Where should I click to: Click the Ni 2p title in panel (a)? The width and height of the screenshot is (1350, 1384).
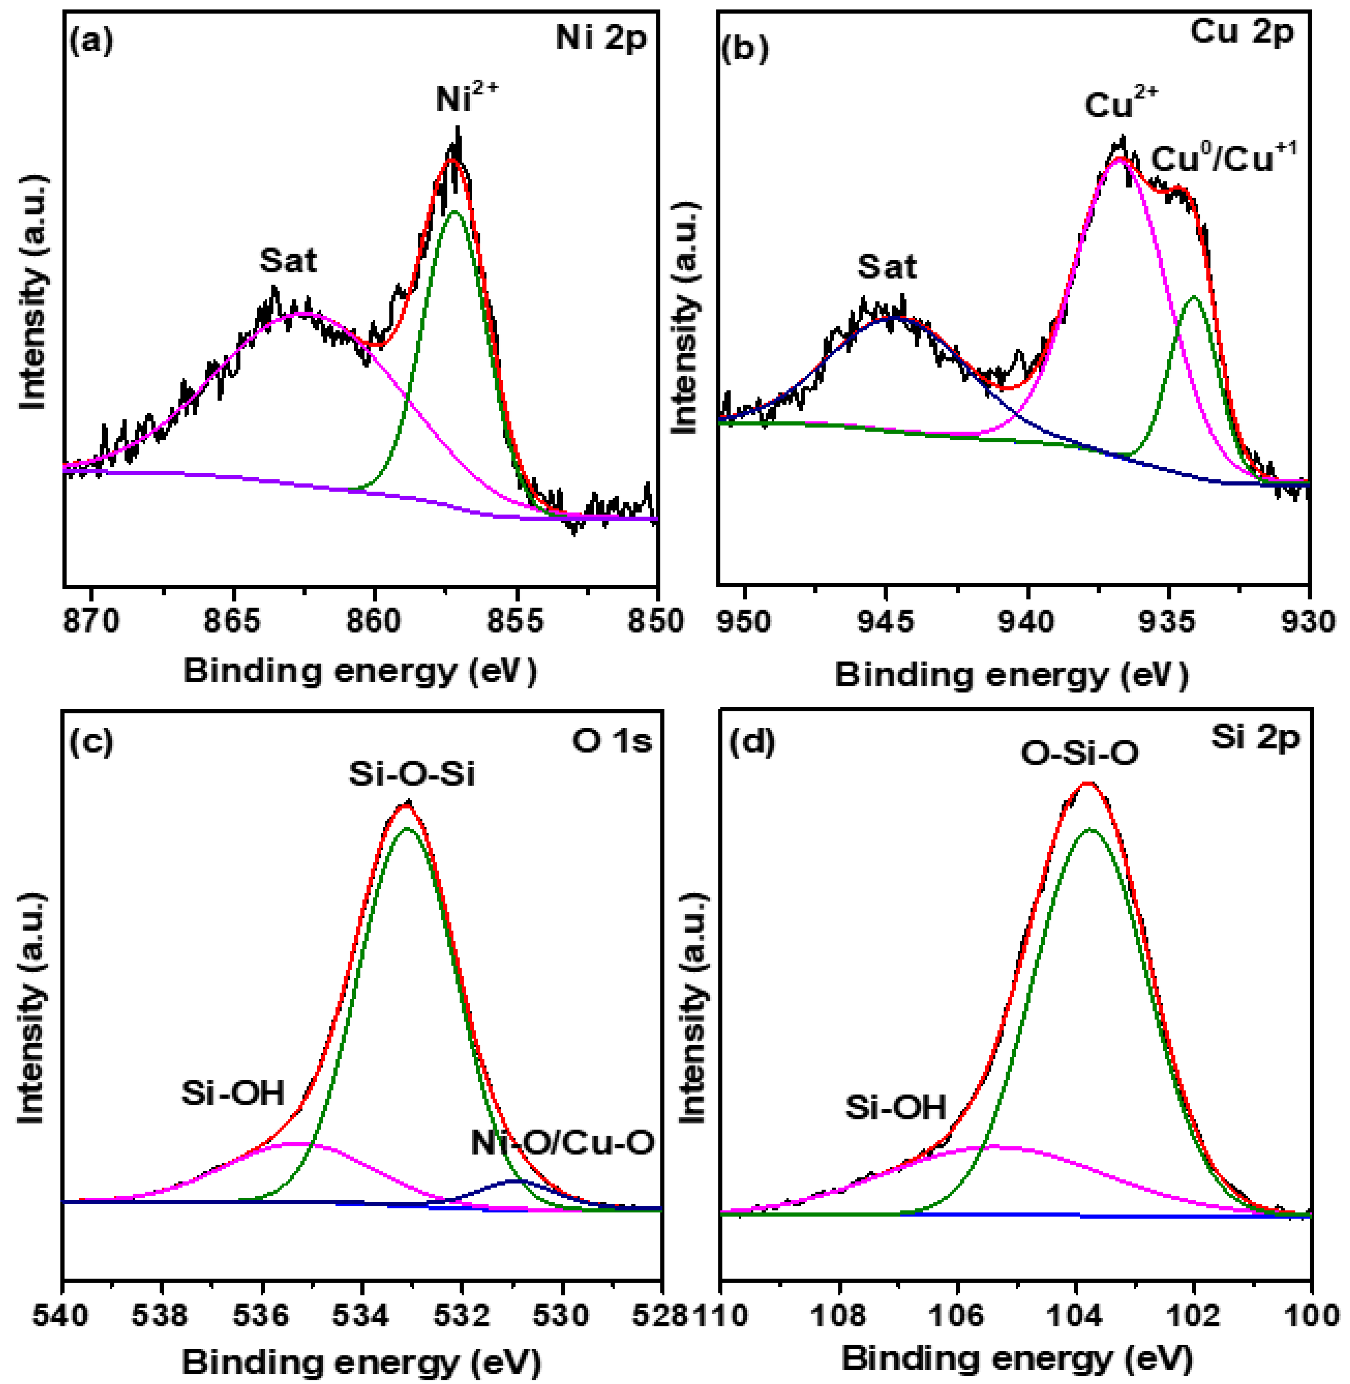601,37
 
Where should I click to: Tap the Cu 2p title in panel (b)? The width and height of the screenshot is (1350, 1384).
1242,32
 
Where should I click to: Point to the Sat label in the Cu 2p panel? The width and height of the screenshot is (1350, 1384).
886,267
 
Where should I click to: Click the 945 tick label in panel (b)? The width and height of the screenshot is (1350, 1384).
886,621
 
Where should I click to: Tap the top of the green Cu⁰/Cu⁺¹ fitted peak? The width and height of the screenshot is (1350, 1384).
1194,297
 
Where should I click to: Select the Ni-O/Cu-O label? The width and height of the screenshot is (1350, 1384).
561,1143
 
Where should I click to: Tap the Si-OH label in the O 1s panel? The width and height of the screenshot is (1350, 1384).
232,1093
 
